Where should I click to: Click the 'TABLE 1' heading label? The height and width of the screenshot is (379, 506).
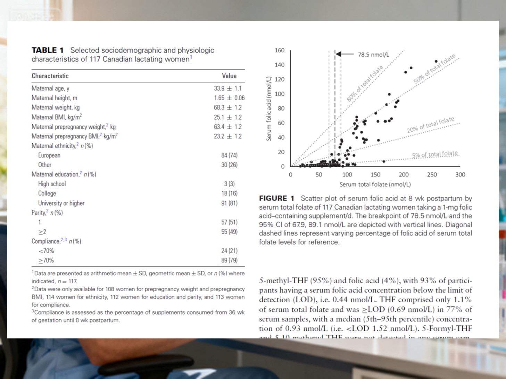[x=48, y=50]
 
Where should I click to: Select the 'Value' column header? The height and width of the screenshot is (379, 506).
[x=229, y=76]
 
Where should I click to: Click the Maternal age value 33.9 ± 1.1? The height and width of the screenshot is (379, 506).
[x=227, y=88]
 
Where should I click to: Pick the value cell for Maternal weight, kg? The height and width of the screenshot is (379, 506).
[x=227, y=107]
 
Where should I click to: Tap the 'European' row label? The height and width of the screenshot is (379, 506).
[x=49, y=155]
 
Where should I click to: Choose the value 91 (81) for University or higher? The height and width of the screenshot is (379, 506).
[x=229, y=203]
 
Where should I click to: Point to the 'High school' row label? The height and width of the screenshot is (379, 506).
[x=52, y=184]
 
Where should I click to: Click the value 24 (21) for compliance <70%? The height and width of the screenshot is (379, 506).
[x=229, y=251]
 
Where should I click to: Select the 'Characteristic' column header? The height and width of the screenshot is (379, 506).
[x=50, y=76]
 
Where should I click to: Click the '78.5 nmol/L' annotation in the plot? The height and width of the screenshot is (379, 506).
[x=373, y=55]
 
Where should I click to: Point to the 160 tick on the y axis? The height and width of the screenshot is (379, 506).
[x=280, y=50]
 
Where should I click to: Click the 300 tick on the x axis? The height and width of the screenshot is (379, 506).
[x=460, y=175]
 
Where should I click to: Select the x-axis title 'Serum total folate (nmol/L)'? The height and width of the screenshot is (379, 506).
[x=375, y=184]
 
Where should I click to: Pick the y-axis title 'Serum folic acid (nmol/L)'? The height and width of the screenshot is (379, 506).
[x=269, y=109]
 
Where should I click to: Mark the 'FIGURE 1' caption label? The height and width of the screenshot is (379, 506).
[x=276, y=198]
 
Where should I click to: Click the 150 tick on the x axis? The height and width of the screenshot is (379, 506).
[x=375, y=175]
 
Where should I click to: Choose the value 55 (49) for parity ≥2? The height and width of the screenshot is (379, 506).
[x=229, y=232]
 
